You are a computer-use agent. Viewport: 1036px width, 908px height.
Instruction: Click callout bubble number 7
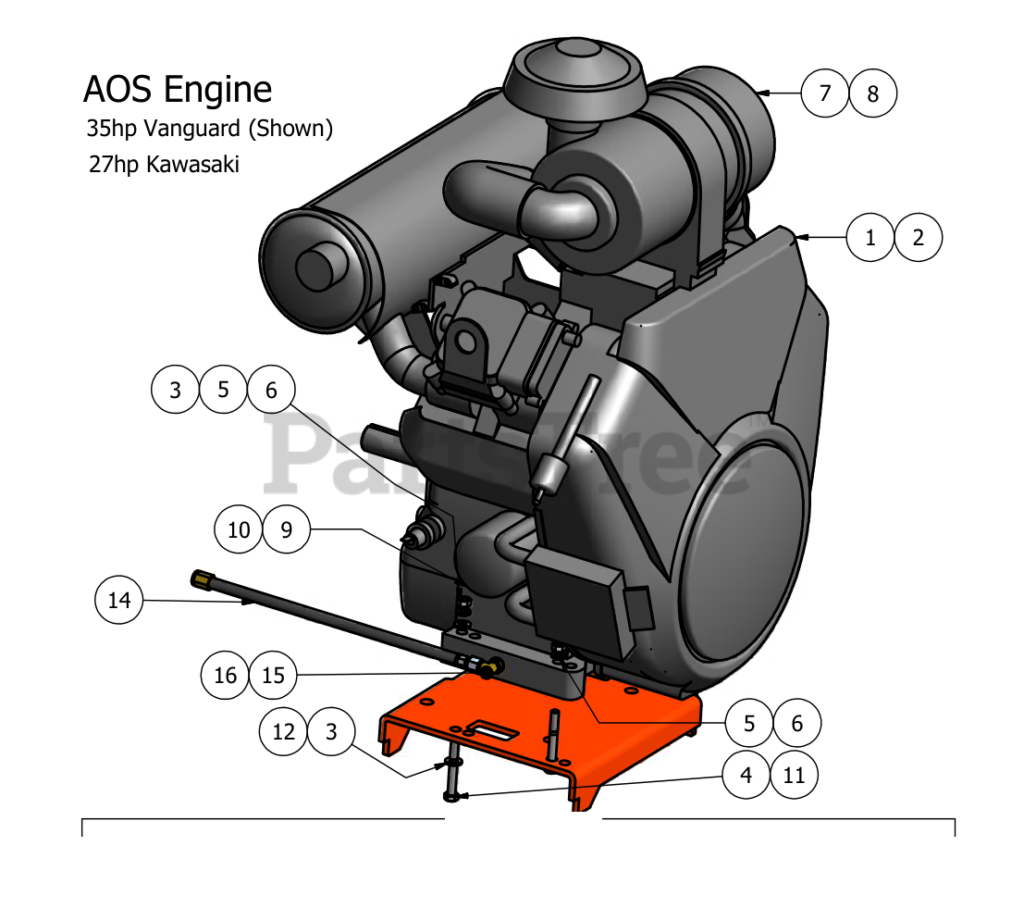[x=825, y=93]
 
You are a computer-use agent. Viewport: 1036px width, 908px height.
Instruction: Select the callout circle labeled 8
[x=873, y=93]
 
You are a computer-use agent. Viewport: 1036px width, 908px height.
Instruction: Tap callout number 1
[x=870, y=238]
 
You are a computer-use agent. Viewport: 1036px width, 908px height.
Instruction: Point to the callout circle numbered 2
[x=919, y=238]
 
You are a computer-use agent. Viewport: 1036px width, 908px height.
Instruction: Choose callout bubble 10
[x=239, y=529]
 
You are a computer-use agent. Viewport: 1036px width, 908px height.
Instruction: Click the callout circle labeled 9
[x=287, y=529]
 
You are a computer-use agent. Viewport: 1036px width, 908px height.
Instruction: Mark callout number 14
[x=119, y=601]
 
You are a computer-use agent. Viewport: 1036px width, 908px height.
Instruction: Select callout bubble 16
[x=226, y=676]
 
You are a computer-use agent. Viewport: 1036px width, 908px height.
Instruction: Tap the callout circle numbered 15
[x=274, y=676]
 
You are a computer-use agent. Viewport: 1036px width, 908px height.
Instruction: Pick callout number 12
[x=283, y=731]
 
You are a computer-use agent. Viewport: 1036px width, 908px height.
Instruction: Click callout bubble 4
[x=747, y=776]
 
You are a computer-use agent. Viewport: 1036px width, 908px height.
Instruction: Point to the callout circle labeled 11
[x=795, y=776]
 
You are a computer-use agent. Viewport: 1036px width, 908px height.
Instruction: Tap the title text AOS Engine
[x=178, y=90]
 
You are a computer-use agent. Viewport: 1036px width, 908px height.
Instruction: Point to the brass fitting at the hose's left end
[x=201, y=578]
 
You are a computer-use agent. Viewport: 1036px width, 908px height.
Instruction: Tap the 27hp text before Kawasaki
[x=108, y=165]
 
